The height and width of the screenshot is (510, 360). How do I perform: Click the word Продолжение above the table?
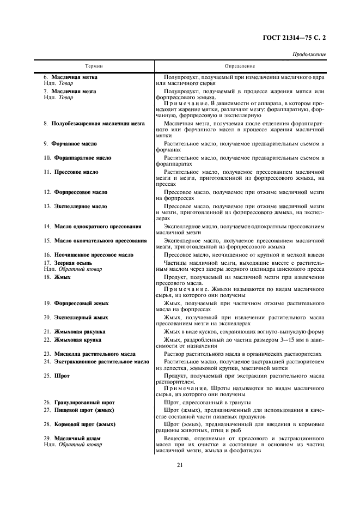pos(309,55)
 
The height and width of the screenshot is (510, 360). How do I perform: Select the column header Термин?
pos(94,66)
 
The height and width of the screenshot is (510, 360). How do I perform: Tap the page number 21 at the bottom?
pos(179,465)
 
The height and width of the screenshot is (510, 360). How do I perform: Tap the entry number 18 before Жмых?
pos(47,277)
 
